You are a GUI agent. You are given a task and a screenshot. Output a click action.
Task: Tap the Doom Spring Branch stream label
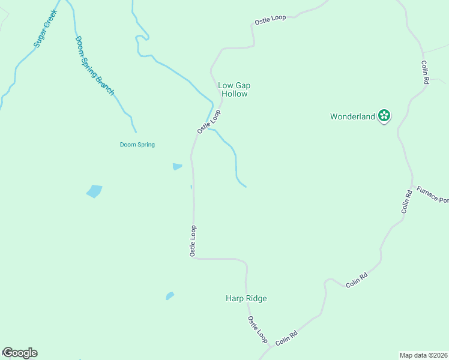(94, 65)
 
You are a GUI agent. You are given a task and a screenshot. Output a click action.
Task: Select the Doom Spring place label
(137, 145)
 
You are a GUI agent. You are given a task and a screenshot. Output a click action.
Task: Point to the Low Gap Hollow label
(234, 89)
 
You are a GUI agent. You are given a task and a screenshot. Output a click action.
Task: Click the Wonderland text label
(352, 116)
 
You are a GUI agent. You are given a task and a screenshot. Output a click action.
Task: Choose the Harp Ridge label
(246, 298)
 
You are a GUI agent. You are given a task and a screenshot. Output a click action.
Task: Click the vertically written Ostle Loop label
(193, 241)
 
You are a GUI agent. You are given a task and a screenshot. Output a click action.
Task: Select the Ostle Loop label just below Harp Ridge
(258, 329)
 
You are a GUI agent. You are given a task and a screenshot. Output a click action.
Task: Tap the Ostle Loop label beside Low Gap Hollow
(209, 122)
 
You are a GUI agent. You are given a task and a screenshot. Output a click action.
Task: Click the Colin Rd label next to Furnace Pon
(406, 202)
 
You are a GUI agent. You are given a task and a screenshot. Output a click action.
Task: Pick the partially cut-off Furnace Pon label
(432, 195)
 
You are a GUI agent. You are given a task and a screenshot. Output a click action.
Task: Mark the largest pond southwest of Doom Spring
(94, 191)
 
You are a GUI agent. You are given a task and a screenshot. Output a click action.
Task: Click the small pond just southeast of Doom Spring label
(177, 166)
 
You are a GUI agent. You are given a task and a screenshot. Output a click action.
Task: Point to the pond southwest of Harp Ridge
(170, 296)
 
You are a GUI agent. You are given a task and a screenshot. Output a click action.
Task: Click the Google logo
(20, 353)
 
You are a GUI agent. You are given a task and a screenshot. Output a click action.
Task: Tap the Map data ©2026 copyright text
(423, 355)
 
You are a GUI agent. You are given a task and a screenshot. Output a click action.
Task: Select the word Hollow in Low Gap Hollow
(234, 94)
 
